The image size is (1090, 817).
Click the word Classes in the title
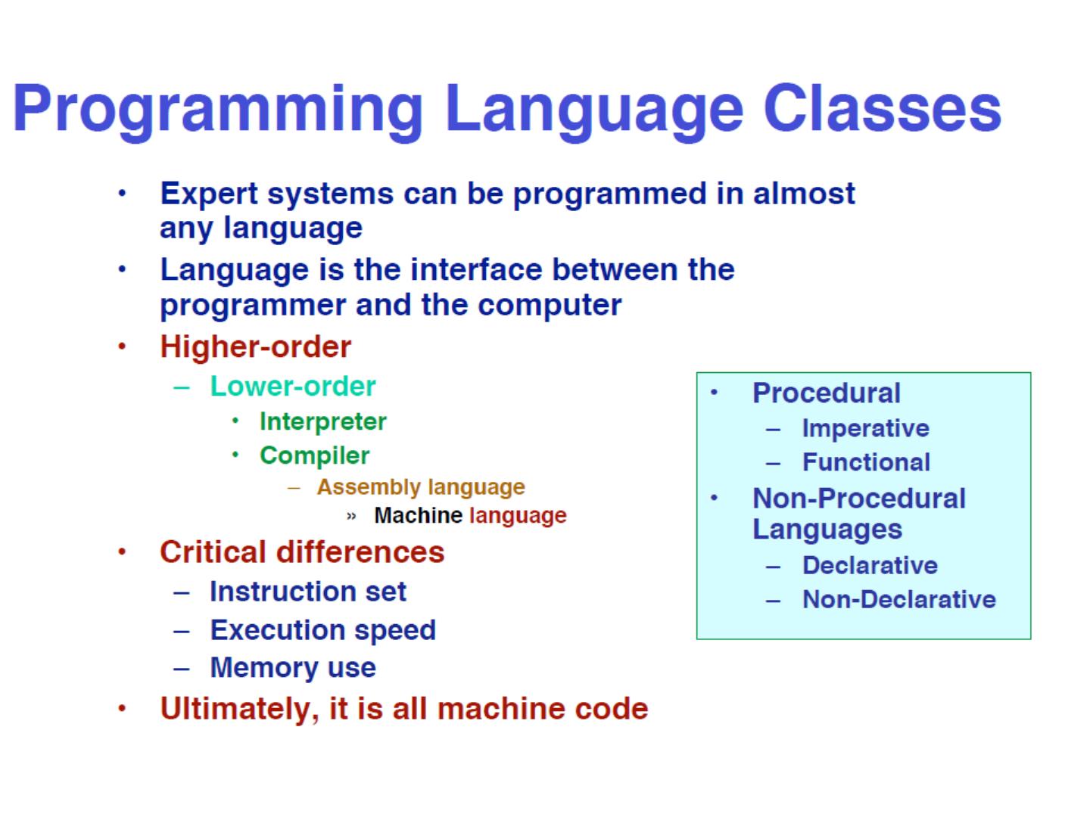tap(882, 109)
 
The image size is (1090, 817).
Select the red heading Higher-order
tap(255, 346)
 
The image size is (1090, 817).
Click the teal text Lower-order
tap(293, 386)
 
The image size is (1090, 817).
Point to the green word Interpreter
tap(322, 422)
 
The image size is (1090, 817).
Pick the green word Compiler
tap(314, 456)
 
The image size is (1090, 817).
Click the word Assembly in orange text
tap(369, 488)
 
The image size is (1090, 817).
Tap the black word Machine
tap(418, 515)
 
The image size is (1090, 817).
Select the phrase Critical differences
tap(302, 552)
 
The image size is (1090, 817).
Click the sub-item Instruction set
tap(308, 592)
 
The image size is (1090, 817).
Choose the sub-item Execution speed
tap(322, 630)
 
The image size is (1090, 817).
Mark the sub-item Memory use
tap(293, 668)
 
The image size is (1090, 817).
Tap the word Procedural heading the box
tap(827, 393)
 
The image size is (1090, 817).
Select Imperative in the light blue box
tap(865, 429)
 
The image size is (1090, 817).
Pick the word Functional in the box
tap(866, 462)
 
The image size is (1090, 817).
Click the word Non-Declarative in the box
tap(899, 599)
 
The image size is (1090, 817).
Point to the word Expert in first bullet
tap(209, 194)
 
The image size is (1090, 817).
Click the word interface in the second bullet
tap(475, 270)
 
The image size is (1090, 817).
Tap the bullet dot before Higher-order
tap(122, 346)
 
